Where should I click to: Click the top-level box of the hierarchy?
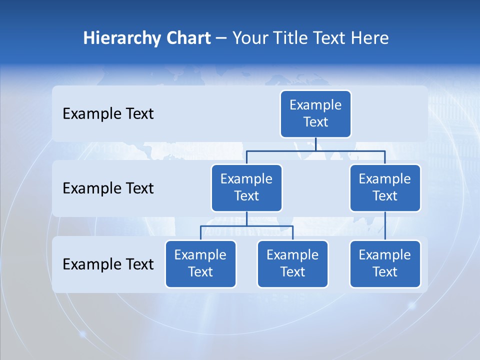[315, 113]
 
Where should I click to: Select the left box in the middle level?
[246, 187]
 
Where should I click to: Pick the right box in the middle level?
[385, 187]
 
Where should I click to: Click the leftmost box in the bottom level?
[200, 263]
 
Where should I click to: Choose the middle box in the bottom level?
[292, 263]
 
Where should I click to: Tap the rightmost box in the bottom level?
[385, 263]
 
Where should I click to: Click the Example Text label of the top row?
[108, 114]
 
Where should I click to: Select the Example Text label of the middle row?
[108, 188]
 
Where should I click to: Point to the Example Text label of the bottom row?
[108, 264]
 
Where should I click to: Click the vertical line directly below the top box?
[315, 144]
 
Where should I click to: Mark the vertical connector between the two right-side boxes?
[385, 226]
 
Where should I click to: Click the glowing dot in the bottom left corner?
[82, 333]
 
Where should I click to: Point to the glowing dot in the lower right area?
[412, 304]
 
